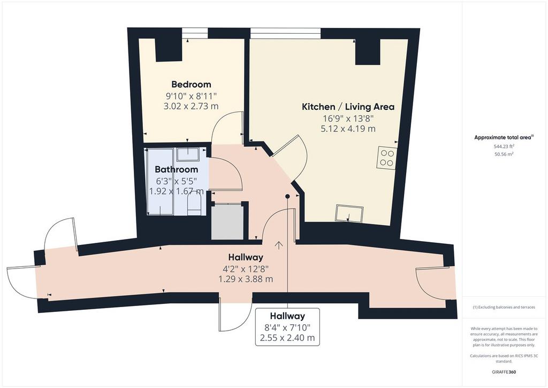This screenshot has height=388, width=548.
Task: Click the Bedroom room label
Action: coord(191,84)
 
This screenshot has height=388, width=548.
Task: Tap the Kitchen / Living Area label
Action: coord(348,107)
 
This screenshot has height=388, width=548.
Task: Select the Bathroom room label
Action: coord(176,169)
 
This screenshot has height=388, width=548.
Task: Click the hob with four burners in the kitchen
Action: coord(386,158)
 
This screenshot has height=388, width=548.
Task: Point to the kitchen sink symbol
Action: coord(349,213)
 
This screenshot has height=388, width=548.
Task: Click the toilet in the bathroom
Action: coord(194,205)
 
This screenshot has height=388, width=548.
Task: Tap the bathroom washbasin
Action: coord(187,154)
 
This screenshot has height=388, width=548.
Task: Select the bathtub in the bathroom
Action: coord(159,182)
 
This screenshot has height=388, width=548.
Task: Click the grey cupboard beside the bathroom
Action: coord(227,222)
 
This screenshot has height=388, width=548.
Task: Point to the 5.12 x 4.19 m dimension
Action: coord(348,129)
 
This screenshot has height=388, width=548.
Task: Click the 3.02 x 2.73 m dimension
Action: coord(191,106)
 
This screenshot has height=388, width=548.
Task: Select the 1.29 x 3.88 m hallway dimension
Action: coord(246,279)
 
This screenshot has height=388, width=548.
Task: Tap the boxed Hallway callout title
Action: coord(287,316)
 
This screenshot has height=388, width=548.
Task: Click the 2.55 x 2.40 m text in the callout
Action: coord(287,338)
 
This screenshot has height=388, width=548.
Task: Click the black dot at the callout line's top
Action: coord(287,196)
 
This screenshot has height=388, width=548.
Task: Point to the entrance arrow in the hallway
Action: coord(278,245)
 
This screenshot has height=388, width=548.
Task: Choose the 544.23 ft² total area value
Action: coord(504,147)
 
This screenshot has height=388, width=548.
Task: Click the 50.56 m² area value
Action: coord(504,154)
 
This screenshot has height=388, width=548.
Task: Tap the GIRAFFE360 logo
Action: coord(504,372)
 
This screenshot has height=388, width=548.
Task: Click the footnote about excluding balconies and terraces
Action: coord(504,307)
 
